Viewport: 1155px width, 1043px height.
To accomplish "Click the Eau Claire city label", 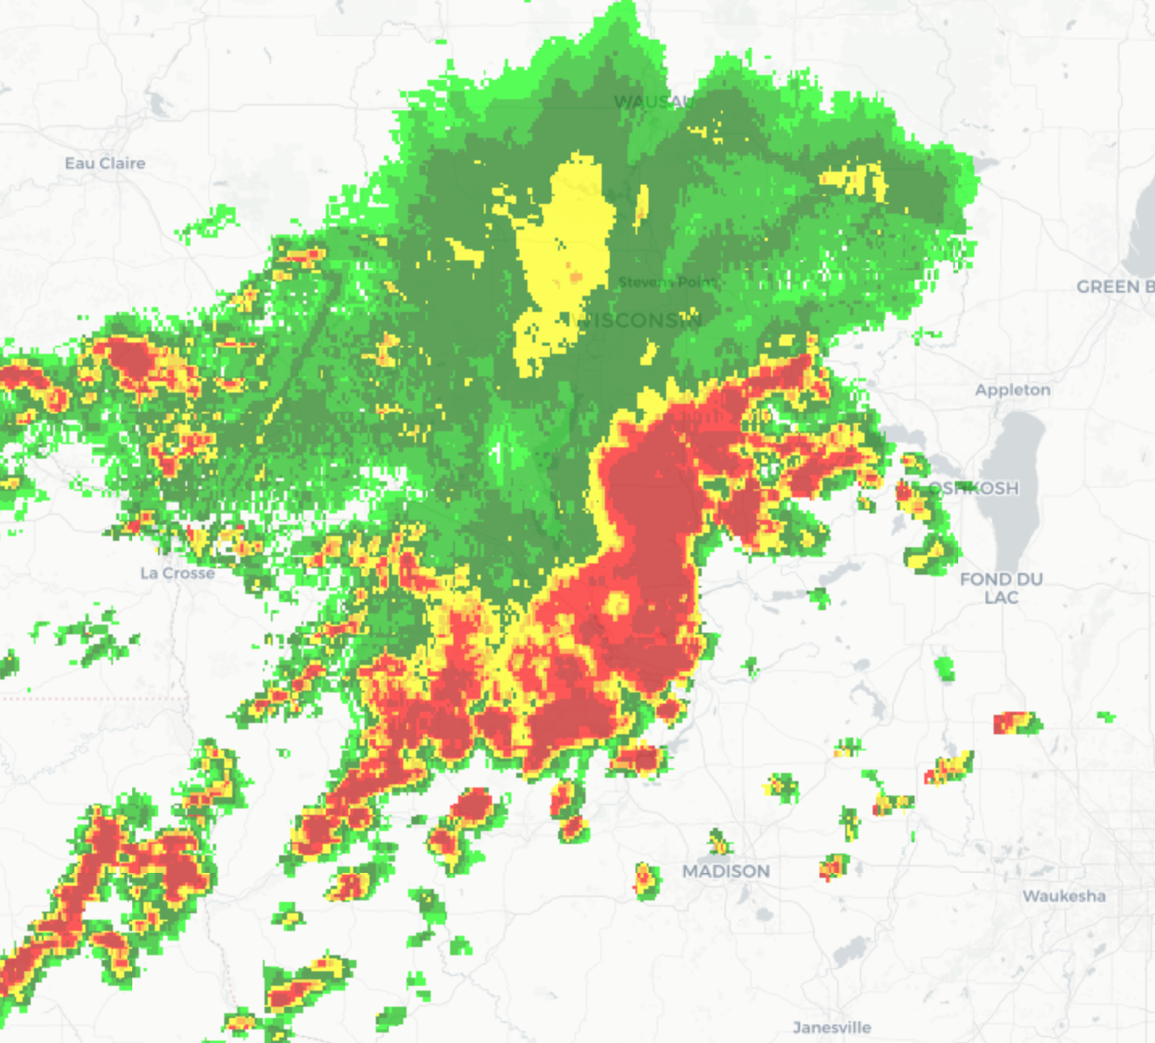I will pos(105,164).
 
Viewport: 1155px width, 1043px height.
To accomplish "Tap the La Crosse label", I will pos(177,573).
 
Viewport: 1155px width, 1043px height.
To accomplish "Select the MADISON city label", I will pos(726,871).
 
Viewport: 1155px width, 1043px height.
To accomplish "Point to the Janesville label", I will pos(832,1028).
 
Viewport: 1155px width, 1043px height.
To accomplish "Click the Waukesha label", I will pos(1064,896).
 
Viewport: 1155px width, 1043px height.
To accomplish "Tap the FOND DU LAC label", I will pos(1001,588).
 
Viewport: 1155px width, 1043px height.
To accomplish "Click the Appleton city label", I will pos(1012,390).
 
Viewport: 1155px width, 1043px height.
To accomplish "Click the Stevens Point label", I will pos(666,282).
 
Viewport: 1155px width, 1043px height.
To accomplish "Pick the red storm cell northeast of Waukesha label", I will pos(1016,723).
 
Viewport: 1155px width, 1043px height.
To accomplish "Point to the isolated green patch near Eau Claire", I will pos(208,224).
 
